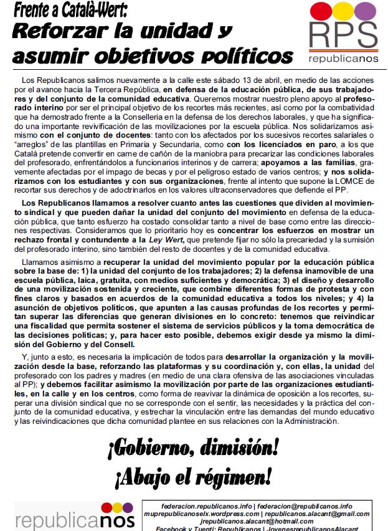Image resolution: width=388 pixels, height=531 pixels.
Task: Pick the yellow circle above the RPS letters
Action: point(344,10)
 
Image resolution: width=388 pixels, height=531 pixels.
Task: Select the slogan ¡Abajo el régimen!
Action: point(194,477)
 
